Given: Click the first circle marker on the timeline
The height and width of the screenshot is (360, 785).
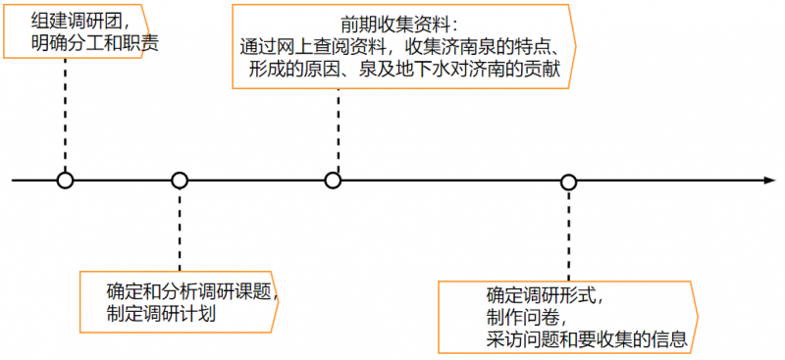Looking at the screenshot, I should click(x=65, y=180).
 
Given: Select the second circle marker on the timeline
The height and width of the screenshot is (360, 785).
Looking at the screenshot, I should click(x=180, y=180).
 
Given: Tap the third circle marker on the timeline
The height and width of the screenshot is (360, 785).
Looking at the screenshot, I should click(x=333, y=180).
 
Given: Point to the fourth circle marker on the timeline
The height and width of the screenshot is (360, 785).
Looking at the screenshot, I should click(x=568, y=181).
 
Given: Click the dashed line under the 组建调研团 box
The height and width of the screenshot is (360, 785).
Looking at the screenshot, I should click(x=65, y=113).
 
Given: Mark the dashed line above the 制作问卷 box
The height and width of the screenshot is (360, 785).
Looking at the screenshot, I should click(x=569, y=235).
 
